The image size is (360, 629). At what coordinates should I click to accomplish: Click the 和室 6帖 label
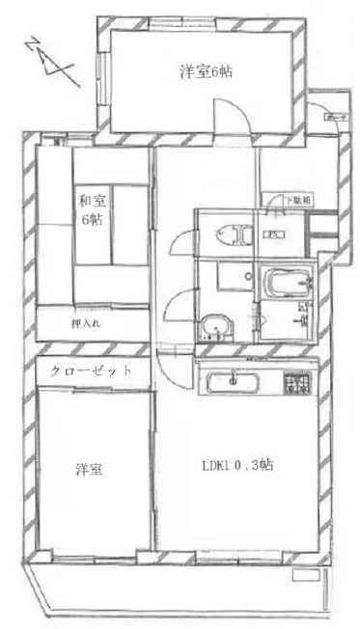pyautogui.click(x=93, y=210)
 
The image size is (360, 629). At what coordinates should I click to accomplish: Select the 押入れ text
pyautogui.click(x=85, y=322)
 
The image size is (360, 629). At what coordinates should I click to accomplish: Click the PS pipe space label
pyautogui.click(x=272, y=233)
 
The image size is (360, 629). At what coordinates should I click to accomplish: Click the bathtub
pyautogui.click(x=289, y=284)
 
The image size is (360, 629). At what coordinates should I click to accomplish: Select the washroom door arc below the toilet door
pyautogui.click(x=175, y=311)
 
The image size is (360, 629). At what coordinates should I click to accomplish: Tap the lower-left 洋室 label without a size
pyautogui.click(x=90, y=470)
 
